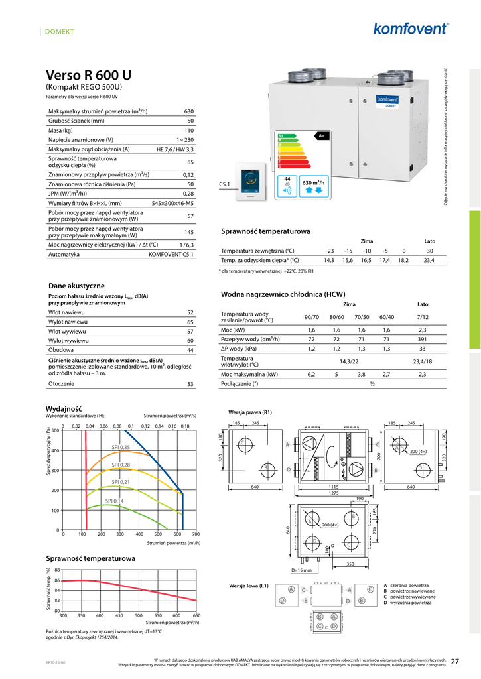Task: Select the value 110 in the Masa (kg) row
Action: pos(188,131)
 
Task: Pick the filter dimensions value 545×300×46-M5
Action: pos(172,203)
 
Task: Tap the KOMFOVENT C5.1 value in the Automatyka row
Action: pos(171,254)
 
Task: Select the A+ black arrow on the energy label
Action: pos(322,135)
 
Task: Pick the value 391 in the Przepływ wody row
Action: pos(423,339)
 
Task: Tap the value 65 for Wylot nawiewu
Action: pos(190,322)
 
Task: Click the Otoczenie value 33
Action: pos(190,384)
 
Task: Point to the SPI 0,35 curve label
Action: pos(120,447)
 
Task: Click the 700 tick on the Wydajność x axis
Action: pos(196,534)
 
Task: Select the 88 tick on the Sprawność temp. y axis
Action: pos(57,570)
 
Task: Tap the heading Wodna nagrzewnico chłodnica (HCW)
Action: pos(282,294)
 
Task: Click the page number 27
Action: pos(455,661)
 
